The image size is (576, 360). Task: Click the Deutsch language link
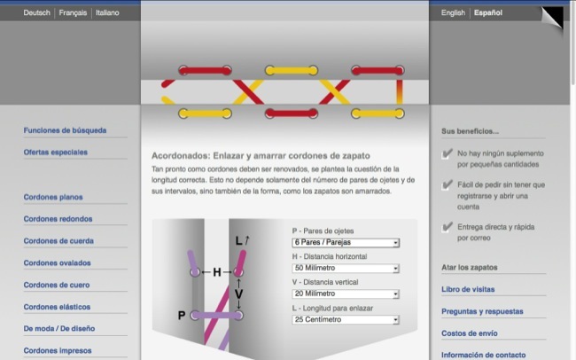pyautogui.click(x=36, y=13)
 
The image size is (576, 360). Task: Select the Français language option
pyautogui.click(x=73, y=13)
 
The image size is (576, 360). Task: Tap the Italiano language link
pyautogui.click(x=107, y=13)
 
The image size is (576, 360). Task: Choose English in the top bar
pyautogui.click(x=453, y=13)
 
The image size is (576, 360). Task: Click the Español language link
pyautogui.click(x=488, y=13)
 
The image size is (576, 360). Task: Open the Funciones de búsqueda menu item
pyautogui.click(x=65, y=130)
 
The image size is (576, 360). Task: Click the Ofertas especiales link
pyautogui.click(x=56, y=153)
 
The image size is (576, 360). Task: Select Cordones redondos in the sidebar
pyautogui.click(x=58, y=219)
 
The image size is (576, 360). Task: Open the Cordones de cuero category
pyautogui.click(x=57, y=285)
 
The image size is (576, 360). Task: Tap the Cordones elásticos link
pyautogui.click(x=57, y=307)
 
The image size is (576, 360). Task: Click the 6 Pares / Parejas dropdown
pyautogui.click(x=346, y=243)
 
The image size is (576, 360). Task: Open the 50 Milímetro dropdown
pyautogui.click(x=346, y=269)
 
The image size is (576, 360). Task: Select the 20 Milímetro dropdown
pyautogui.click(x=346, y=293)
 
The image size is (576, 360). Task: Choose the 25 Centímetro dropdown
pyautogui.click(x=346, y=320)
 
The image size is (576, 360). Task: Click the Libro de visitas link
pyautogui.click(x=468, y=289)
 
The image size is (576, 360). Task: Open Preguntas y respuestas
pyautogui.click(x=482, y=311)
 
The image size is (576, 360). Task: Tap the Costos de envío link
pyautogui.click(x=470, y=333)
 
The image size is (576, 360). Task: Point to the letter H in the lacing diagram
pyautogui.click(x=217, y=272)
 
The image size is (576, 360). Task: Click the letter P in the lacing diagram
pyautogui.click(x=182, y=316)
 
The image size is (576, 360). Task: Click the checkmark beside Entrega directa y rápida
pyautogui.click(x=447, y=227)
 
